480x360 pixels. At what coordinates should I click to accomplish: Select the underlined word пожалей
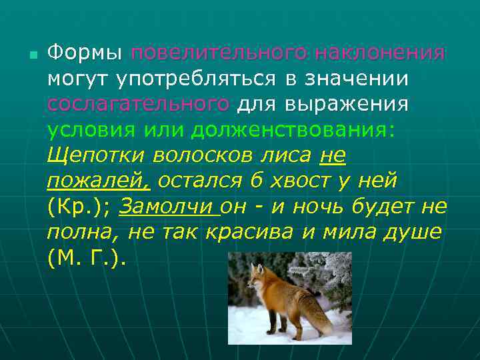coord(98,181)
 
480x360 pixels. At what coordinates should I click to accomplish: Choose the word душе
coord(414,233)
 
